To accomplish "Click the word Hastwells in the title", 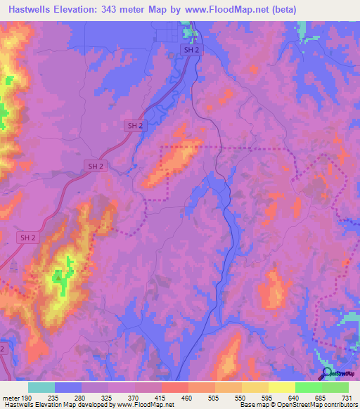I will tap(28, 9).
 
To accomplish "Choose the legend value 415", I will tap(161, 398).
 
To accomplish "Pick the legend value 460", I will tap(188, 398).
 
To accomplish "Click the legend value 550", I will tap(241, 398).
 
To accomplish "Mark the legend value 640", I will tap(295, 398).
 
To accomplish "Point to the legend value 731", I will tap(347, 398).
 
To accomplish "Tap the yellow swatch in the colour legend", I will tap(281, 387).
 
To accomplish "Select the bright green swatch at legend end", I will tap(335, 387).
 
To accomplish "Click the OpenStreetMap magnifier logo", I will tap(326, 372).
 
